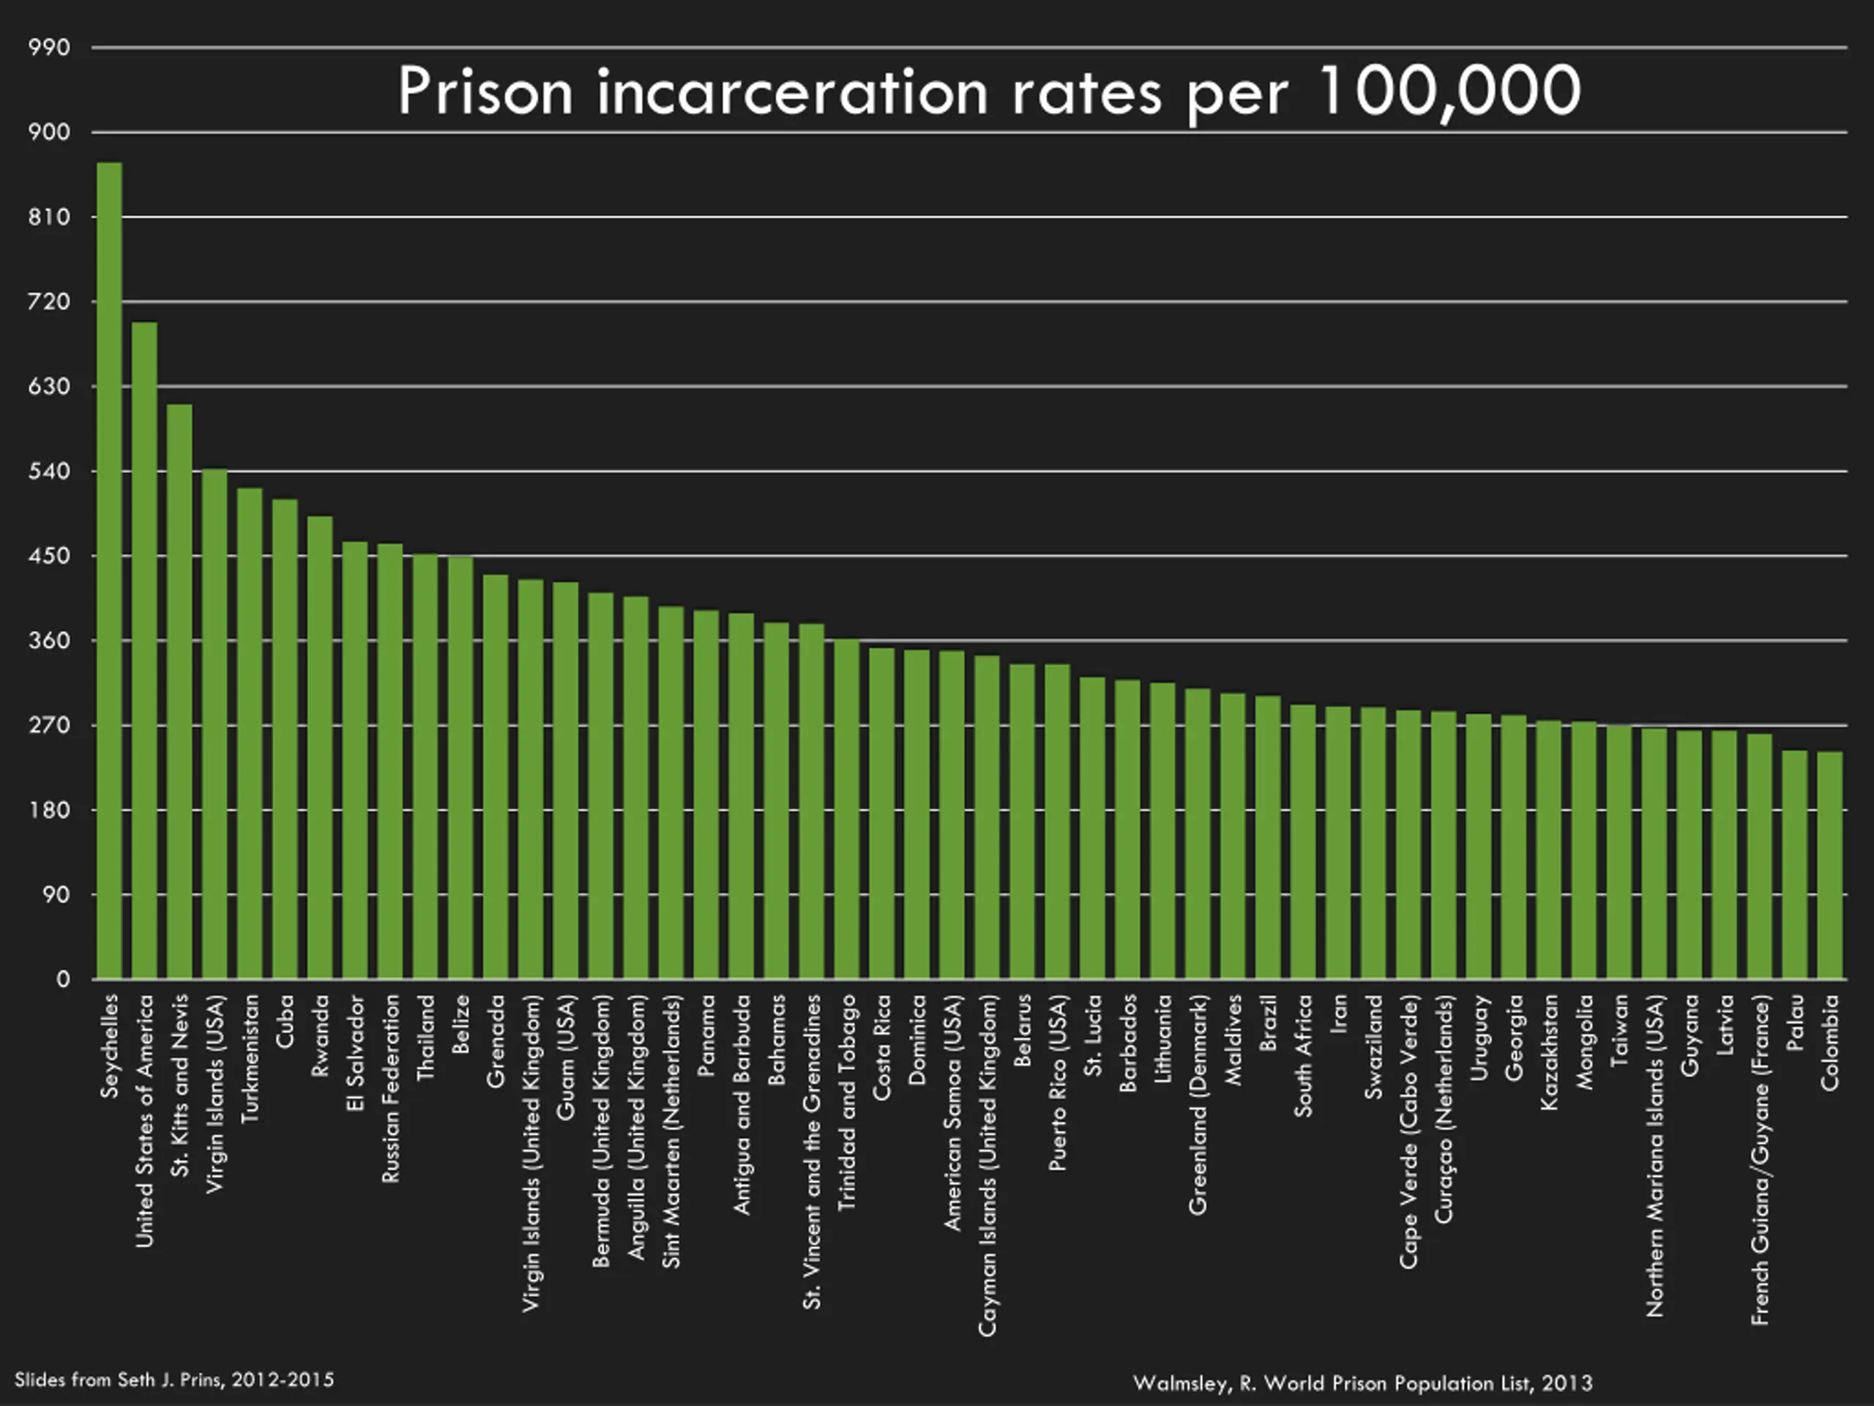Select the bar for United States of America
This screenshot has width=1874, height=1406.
click(144, 650)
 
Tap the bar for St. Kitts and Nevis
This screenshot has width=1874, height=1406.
click(179, 691)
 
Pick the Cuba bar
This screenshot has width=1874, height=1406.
click(285, 738)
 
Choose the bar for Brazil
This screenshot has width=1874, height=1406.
click(1267, 836)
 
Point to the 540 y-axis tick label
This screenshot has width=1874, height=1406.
click(49, 471)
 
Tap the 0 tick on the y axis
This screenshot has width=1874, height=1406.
click(63, 980)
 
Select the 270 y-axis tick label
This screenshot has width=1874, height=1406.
click(49, 726)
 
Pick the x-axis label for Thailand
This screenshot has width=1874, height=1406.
click(426, 1038)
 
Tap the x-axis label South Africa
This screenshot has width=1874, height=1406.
click(1303, 1055)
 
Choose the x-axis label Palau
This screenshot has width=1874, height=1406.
click(1794, 1023)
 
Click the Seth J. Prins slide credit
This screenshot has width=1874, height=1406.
click(174, 1380)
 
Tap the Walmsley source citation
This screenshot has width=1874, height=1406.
click(1362, 1383)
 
